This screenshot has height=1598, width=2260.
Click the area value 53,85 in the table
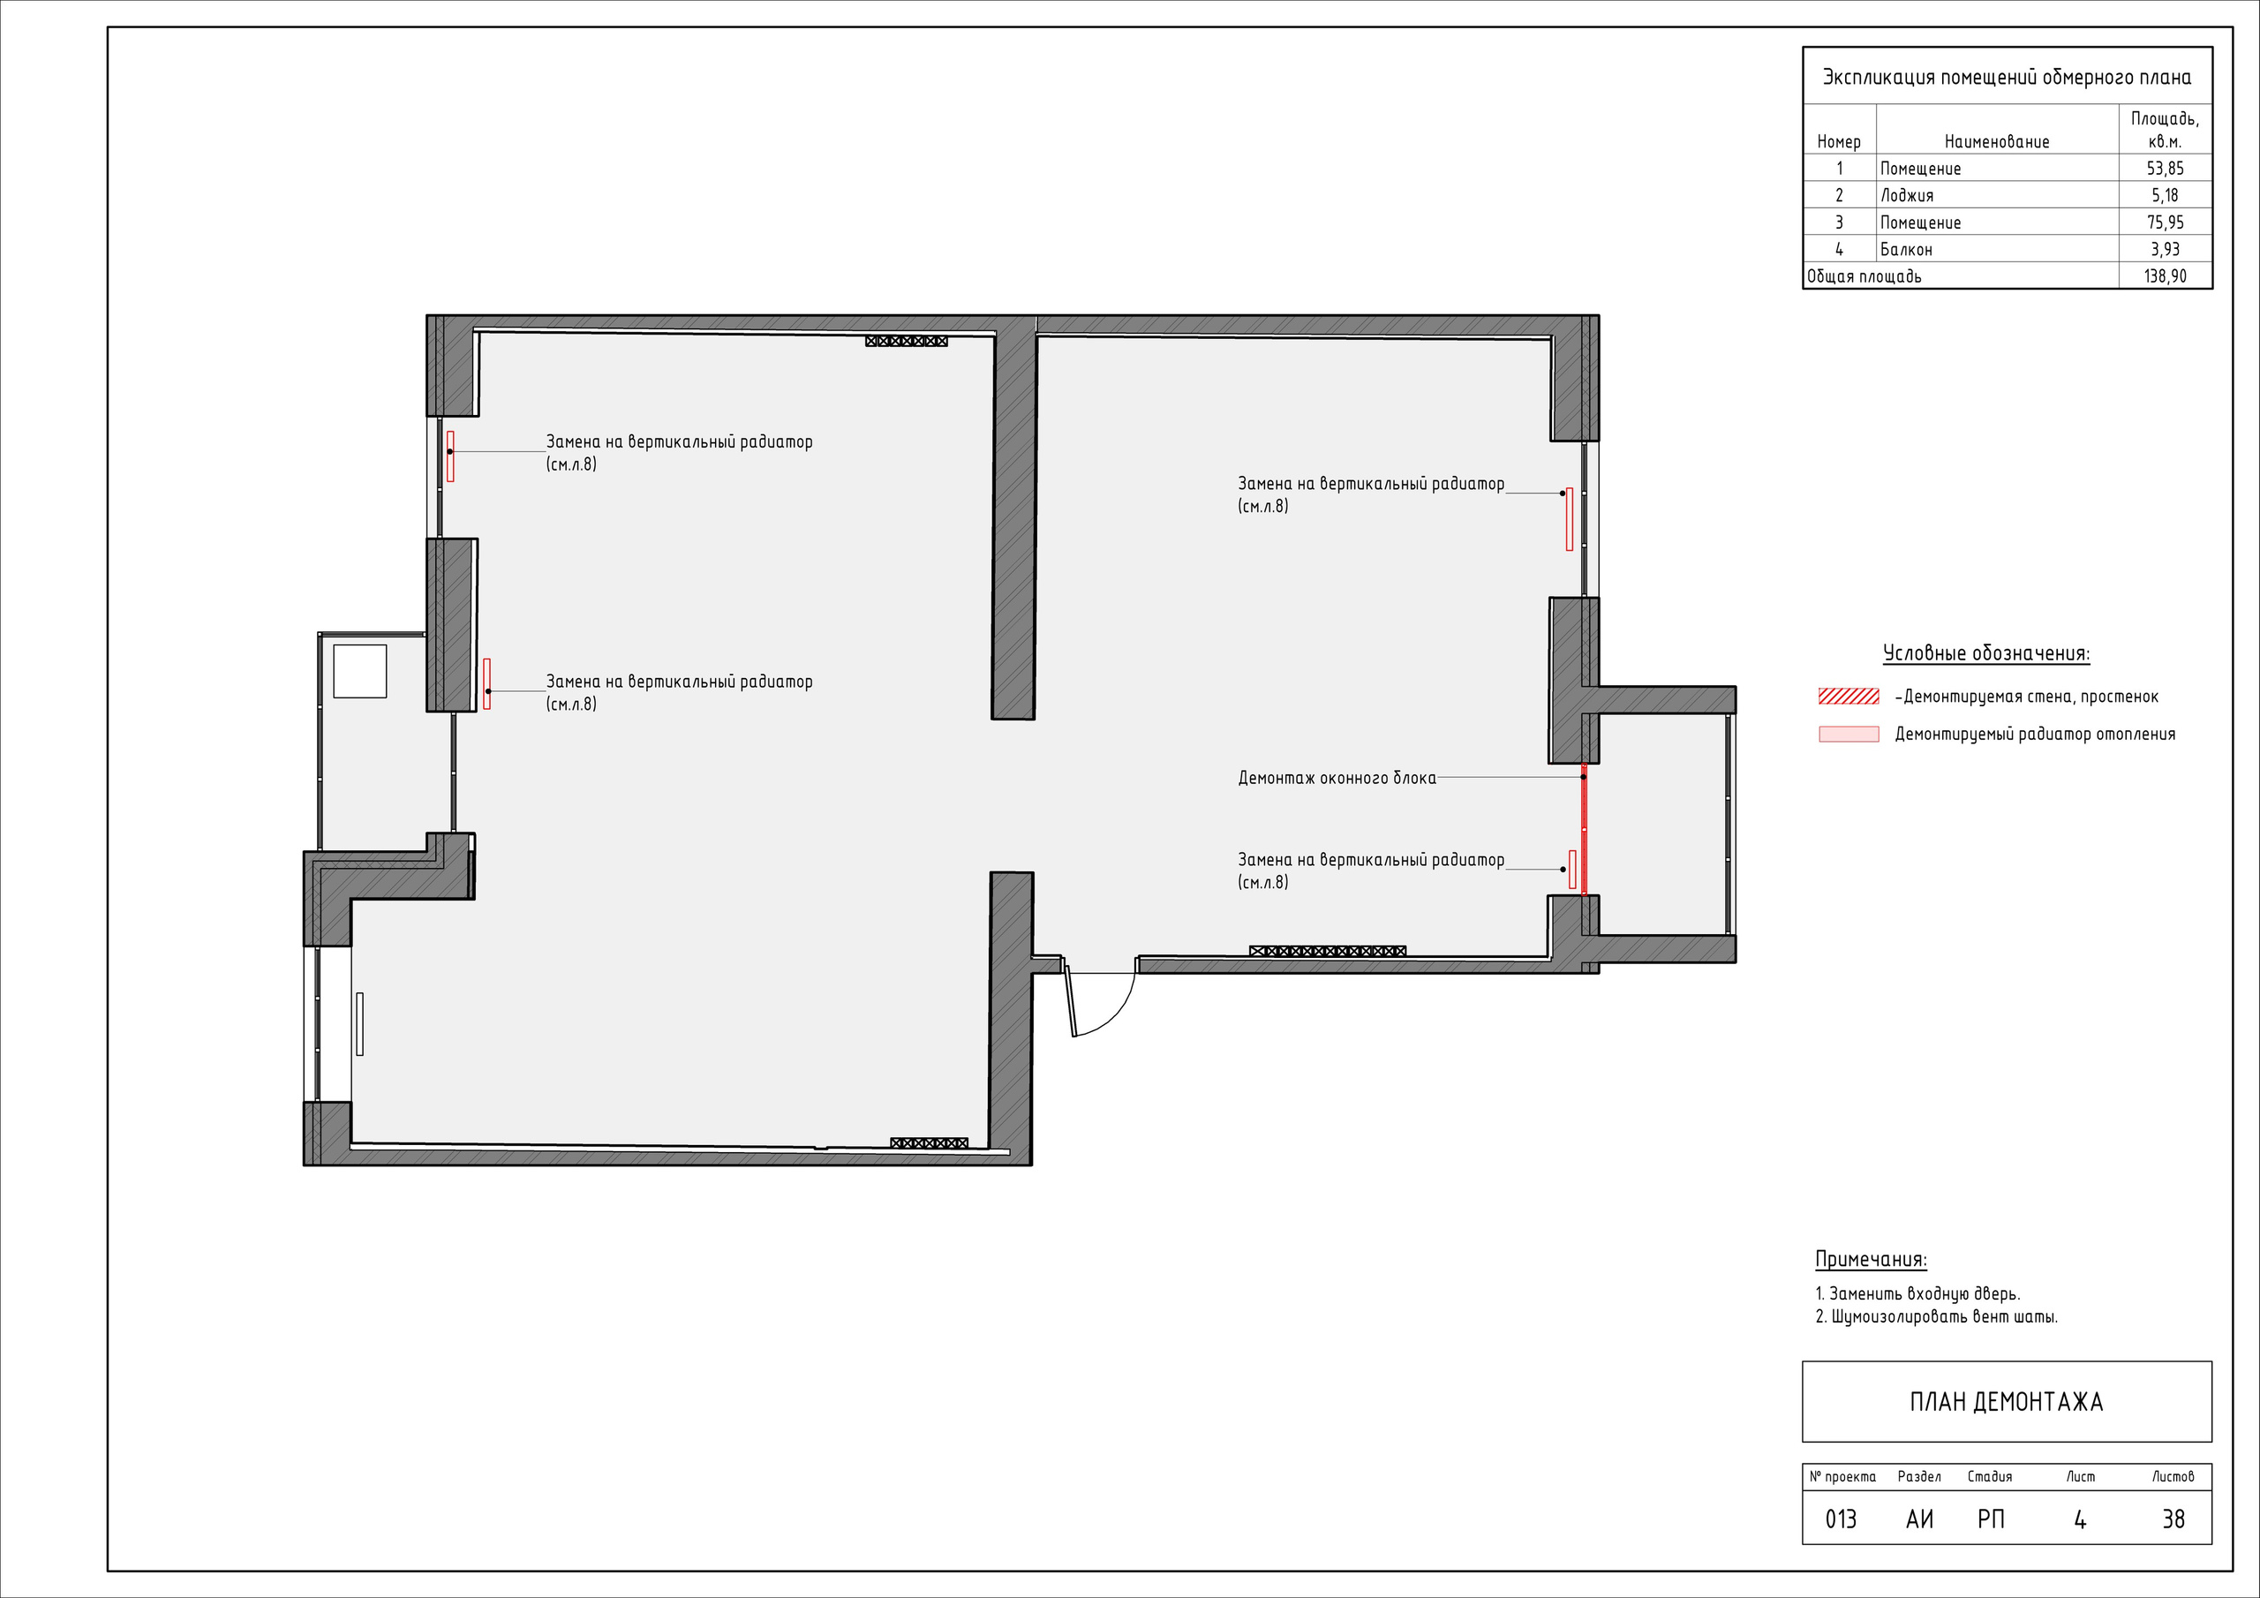[2166, 169]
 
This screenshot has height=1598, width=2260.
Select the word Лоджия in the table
[1907, 195]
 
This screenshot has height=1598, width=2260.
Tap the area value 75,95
[2166, 222]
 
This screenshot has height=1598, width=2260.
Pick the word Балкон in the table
[1907, 249]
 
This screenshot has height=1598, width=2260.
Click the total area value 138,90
[2166, 276]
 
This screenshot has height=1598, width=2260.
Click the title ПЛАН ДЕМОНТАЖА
[2006, 1402]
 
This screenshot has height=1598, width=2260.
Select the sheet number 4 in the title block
[2080, 1520]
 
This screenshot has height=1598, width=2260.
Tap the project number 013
[1841, 1520]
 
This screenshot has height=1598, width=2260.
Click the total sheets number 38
[2173, 1520]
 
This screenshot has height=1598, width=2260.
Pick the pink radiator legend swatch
[1849, 734]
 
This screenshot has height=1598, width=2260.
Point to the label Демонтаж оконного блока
[1337, 778]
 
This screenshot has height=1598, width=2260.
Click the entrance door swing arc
[1119, 1014]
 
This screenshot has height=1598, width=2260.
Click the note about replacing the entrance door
[1917, 1293]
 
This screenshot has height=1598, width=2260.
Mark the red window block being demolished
[1584, 829]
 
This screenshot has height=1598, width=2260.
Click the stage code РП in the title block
[1990, 1520]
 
